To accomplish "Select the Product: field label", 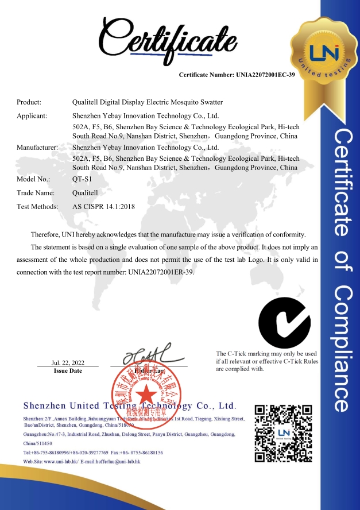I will click(x=29, y=102).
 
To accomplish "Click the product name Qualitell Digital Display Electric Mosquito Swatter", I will click(x=147, y=102).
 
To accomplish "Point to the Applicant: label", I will click(x=32, y=115).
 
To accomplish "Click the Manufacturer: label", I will click(x=37, y=147).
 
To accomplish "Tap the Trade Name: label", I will click(x=36, y=192).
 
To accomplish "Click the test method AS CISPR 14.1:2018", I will click(x=103, y=206).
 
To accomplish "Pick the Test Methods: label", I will click(x=37, y=206).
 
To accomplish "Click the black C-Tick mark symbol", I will click(x=284, y=323).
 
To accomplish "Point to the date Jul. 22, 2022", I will click(x=68, y=362).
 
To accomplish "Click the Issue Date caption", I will click(x=68, y=371).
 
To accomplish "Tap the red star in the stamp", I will click(x=146, y=395).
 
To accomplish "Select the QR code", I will click(x=284, y=433).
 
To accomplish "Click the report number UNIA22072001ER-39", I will click(x=161, y=272).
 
